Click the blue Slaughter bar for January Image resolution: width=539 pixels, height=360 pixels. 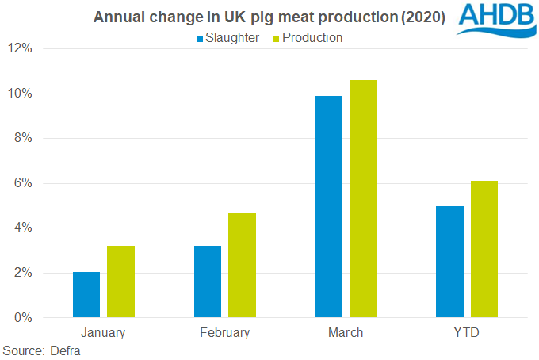coord(86,295)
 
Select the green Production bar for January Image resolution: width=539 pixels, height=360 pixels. coord(120,281)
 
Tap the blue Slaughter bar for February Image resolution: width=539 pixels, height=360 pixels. coord(208,281)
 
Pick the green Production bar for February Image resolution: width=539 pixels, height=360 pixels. coord(242,266)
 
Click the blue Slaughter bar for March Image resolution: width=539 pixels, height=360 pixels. coord(329,207)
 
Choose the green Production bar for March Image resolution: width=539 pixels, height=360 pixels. coord(363,199)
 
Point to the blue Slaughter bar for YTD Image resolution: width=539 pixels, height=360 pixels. coord(450,262)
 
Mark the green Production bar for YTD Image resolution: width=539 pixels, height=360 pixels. coord(484,249)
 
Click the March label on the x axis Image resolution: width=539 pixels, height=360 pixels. coord(346,333)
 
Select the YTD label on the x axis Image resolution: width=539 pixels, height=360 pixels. coord(467,333)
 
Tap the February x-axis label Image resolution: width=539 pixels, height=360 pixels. coord(224,333)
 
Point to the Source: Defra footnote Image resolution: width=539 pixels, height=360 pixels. coord(42,350)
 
